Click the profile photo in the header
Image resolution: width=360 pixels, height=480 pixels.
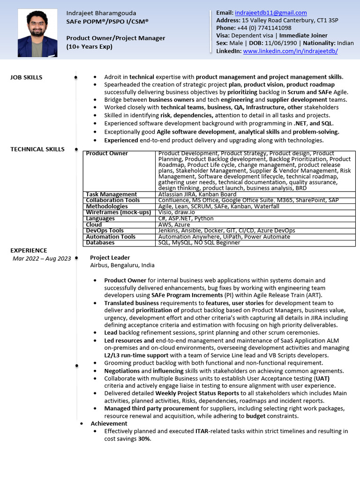click(x=37, y=33)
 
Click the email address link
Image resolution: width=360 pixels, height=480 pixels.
click(x=270, y=13)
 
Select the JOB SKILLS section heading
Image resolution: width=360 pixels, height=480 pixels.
click(x=26, y=77)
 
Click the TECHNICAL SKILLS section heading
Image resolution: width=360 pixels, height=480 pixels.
click(x=37, y=149)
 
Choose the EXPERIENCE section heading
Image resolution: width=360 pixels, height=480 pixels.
click(x=29, y=250)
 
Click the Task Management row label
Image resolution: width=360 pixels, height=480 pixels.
click(x=112, y=194)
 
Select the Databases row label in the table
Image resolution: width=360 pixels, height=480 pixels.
click(x=100, y=243)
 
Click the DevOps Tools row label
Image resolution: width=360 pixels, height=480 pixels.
click(x=105, y=231)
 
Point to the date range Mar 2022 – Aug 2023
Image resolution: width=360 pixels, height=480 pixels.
click(x=42, y=258)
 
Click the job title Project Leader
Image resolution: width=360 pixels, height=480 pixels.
click(x=110, y=257)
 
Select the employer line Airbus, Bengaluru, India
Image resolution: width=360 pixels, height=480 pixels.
click(x=122, y=265)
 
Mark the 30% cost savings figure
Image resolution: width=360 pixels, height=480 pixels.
click(x=144, y=439)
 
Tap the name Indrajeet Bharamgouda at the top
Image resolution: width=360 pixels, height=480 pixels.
click(x=101, y=13)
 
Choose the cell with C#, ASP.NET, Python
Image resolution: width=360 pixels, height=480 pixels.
click(x=180, y=218)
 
